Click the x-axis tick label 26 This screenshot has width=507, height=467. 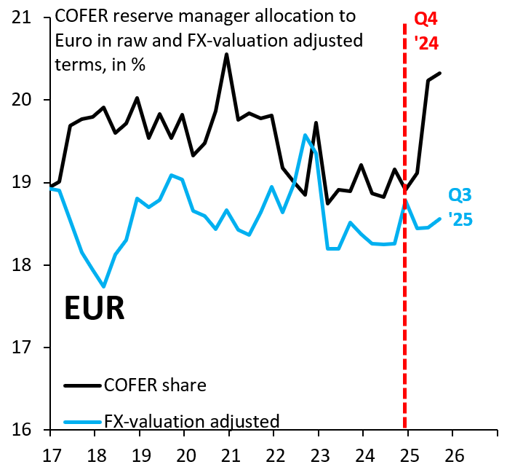[x=452, y=452]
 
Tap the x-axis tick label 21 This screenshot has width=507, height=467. [x=229, y=452]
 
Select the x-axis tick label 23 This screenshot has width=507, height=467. [x=319, y=452]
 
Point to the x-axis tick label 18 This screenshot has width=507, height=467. [x=95, y=452]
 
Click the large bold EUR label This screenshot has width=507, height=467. [x=94, y=308]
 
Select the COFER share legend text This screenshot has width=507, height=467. [x=156, y=385]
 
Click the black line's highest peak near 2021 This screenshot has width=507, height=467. [x=226, y=54]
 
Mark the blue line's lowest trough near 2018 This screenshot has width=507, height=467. [x=104, y=286]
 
